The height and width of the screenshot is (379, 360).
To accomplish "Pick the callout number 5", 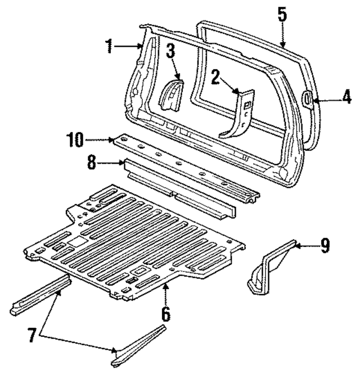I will coord(282,15).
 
